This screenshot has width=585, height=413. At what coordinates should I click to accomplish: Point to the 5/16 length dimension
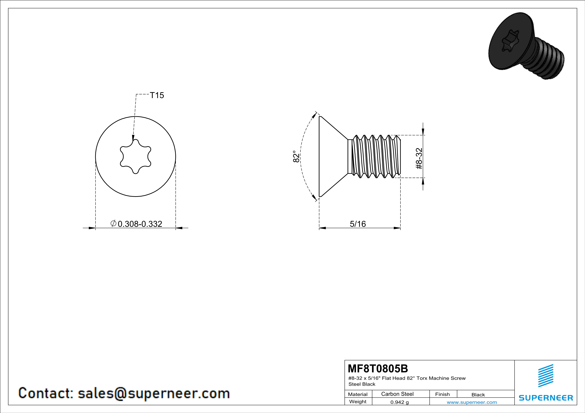[x=358, y=224]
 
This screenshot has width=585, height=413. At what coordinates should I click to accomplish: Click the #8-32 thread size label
[x=419, y=158]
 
